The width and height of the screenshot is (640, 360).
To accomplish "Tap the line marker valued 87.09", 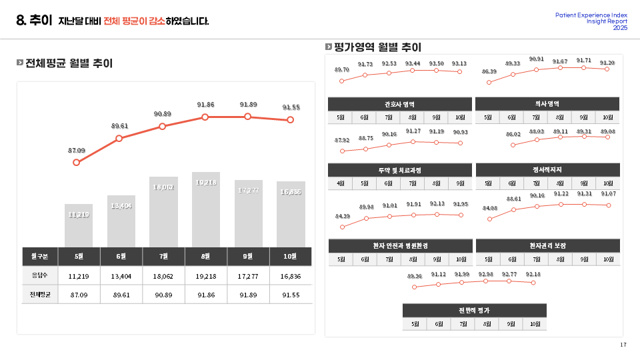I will [x=77, y=162].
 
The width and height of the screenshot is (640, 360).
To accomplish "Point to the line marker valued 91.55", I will [x=290, y=120].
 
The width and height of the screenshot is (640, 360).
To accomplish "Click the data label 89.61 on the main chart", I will [x=119, y=126].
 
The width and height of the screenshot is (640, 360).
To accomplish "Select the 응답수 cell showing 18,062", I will [x=163, y=275].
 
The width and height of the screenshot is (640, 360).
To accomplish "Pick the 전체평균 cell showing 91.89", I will [x=248, y=294].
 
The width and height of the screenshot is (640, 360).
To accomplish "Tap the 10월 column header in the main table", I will [x=291, y=256].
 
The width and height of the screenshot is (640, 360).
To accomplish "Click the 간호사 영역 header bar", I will [x=400, y=104].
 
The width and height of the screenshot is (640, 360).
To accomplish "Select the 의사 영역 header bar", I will [x=547, y=104].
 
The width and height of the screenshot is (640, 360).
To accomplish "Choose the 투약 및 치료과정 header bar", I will [x=400, y=170].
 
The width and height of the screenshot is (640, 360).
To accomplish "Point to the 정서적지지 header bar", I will [x=547, y=170].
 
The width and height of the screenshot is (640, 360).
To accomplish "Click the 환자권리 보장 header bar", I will [x=547, y=246].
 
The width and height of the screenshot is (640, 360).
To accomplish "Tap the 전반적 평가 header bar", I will [x=474, y=310].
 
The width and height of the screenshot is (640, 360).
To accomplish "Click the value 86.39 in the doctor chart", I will [x=489, y=71].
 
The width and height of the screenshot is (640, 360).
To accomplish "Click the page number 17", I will [x=623, y=345].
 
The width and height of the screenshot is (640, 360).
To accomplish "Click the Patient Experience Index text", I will [x=591, y=15].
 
